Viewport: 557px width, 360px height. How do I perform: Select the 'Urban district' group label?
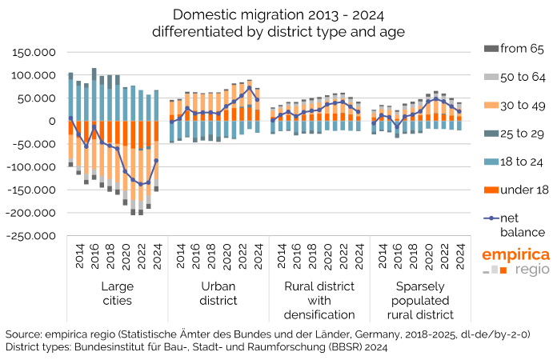click(x=214, y=293)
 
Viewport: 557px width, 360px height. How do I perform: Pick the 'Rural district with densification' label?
click(x=315, y=300)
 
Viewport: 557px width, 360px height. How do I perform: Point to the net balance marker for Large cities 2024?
click(x=157, y=160)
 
